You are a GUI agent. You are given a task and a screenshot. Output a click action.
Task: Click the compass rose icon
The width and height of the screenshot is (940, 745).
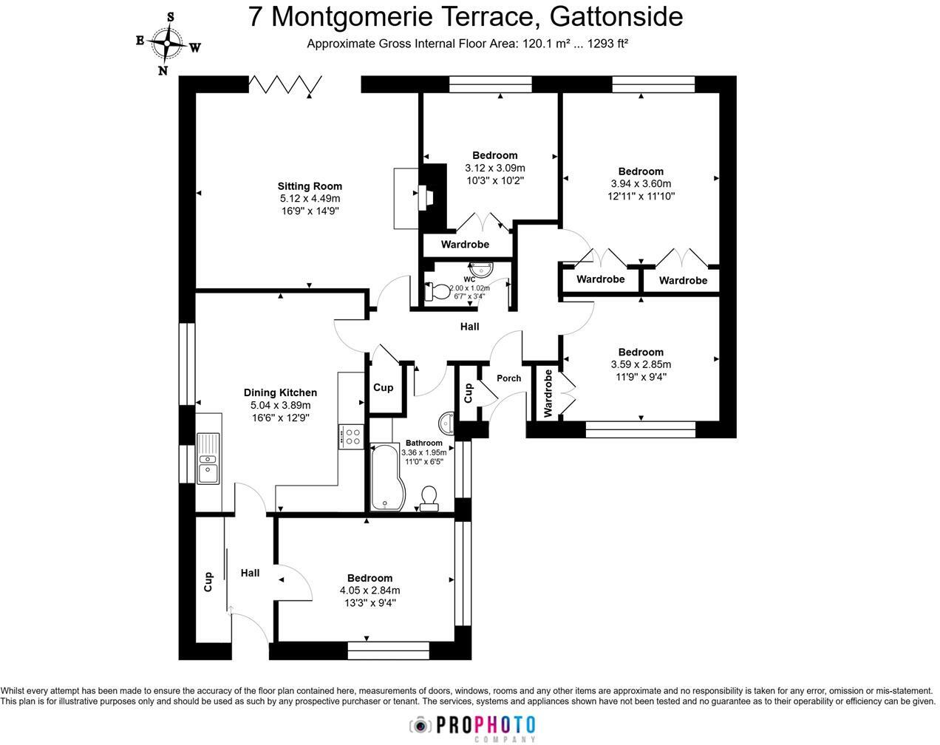pos(168,43)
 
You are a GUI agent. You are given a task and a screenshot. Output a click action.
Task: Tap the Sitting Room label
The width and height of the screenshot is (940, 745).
pos(310,186)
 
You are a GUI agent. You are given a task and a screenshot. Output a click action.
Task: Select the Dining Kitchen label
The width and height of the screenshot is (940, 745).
pos(280,392)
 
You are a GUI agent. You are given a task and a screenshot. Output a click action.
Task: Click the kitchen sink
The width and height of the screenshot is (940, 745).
pos(208,458)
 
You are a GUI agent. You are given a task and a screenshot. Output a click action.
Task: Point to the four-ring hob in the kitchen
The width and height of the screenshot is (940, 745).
pos(350,435)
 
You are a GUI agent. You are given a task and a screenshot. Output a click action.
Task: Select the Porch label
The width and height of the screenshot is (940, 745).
pos(508,378)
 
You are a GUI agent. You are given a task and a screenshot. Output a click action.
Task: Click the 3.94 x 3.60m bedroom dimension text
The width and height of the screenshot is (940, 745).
pos(641,184)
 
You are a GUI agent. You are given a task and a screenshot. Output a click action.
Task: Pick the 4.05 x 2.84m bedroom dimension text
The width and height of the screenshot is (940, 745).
pos(369,591)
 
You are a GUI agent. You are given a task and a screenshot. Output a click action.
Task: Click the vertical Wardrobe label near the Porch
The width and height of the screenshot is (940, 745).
pos(548,394)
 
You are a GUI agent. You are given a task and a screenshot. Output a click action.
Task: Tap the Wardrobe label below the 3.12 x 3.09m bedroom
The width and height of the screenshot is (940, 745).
pos(465,245)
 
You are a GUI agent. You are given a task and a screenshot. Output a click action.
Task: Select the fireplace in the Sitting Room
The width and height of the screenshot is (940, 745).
pos(427,198)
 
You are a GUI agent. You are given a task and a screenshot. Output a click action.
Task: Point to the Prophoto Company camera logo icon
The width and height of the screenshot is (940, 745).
pos(420,725)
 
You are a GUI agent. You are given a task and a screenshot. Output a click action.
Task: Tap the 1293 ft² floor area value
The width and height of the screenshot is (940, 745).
pos(607,44)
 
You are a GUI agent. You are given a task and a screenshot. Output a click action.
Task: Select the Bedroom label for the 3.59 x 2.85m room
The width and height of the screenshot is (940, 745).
pos(641,352)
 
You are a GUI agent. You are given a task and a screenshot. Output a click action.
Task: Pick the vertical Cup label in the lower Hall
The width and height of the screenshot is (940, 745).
pos(208,582)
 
